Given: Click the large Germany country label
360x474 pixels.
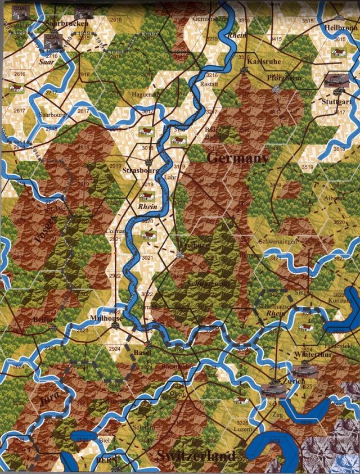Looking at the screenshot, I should [x=237, y=159].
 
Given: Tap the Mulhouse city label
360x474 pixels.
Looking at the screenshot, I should [x=106, y=318].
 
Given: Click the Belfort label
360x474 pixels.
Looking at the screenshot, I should [x=44, y=319].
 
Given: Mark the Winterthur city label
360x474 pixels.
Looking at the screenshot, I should [x=309, y=355].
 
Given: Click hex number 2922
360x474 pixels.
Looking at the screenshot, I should [x=115, y=276].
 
